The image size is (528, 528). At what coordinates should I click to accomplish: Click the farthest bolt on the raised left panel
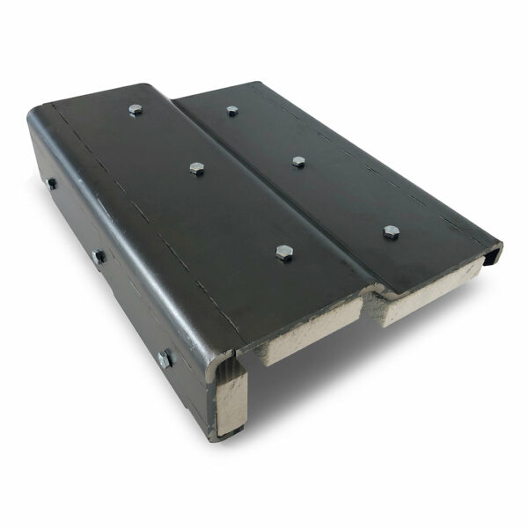[x=135, y=110]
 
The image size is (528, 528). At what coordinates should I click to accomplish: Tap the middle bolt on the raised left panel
[x=197, y=168]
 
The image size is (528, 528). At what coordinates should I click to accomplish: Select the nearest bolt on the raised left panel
[x=283, y=253]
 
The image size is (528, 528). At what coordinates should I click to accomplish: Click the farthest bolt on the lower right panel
[x=232, y=111]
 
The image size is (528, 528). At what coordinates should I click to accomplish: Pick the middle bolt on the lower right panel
[x=299, y=162]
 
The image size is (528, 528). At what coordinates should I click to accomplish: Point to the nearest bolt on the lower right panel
[x=392, y=231]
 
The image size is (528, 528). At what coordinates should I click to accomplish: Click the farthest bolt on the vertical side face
[x=51, y=184]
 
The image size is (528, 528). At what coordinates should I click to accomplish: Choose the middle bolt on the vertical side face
[x=99, y=256]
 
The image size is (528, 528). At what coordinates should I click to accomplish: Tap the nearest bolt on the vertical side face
[x=165, y=357]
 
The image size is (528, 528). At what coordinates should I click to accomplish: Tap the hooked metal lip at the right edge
[x=491, y=254]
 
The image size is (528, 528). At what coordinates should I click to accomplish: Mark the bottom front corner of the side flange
[x=215, y=434]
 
